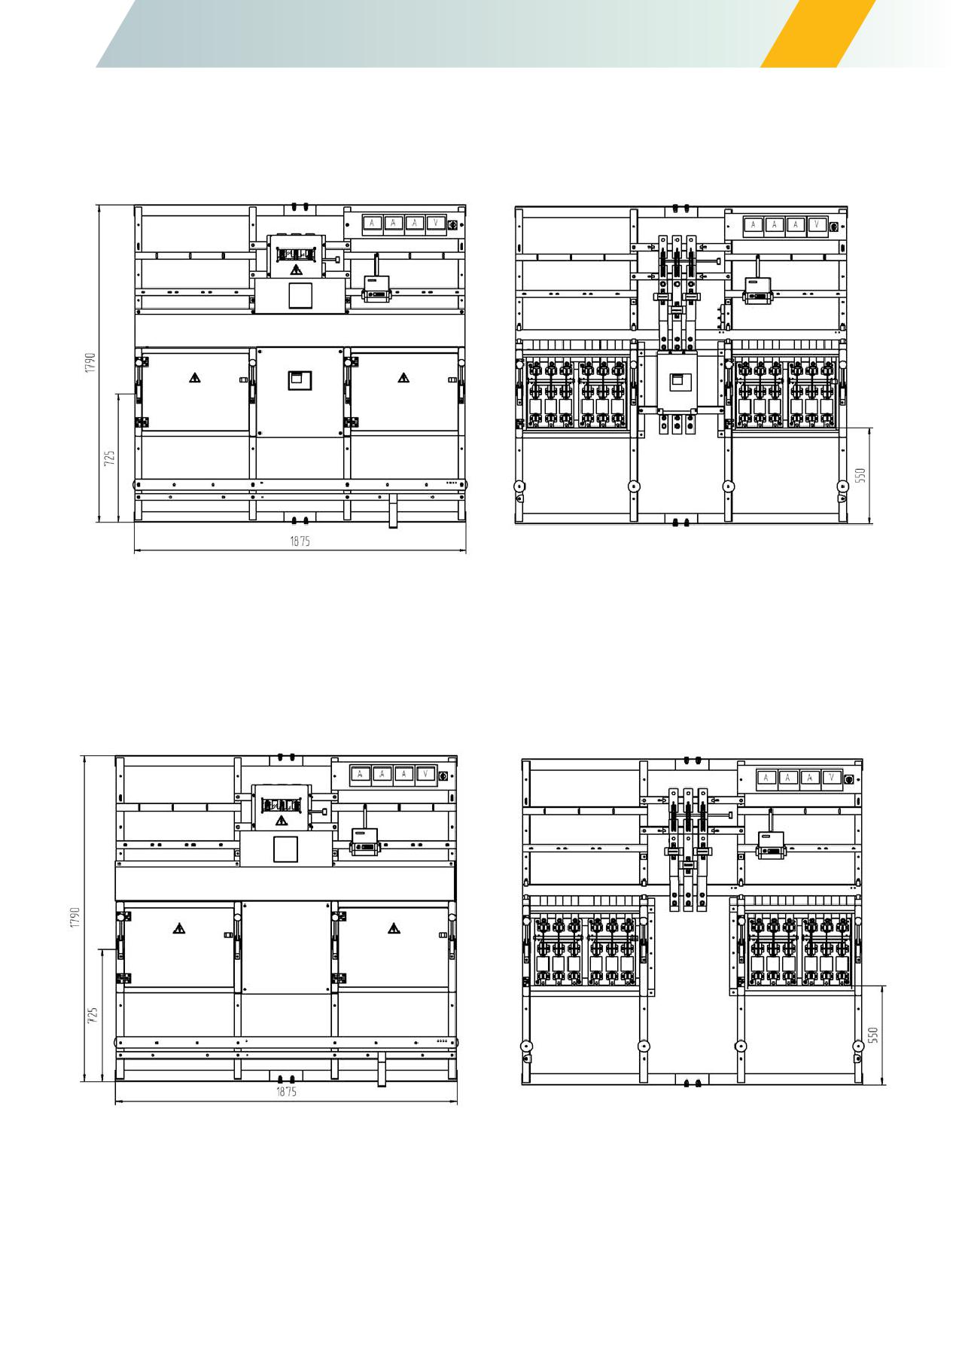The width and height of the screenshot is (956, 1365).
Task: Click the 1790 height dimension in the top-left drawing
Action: (90, 363)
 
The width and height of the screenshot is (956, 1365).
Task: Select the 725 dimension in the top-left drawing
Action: (110, 459)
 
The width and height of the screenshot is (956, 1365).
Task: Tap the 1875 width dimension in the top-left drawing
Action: (300, 541)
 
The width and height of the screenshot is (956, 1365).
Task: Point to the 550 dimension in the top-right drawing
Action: (861, 476)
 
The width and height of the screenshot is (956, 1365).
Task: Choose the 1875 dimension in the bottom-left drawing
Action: (286, 1092)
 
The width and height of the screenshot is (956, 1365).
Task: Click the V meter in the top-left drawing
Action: (435, 223)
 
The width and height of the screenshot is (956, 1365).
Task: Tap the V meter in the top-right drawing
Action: (816, 224)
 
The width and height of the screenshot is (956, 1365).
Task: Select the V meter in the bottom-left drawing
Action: (425, 774)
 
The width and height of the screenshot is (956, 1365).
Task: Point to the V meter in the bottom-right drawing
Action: (831, 778)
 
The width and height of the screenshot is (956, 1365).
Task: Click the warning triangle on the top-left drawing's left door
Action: (195, 378)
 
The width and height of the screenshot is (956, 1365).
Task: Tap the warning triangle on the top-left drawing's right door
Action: (404, 378)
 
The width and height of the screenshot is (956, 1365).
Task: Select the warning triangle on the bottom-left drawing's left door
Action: (179, 928)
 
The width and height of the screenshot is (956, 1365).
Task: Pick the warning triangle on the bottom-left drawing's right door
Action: (394, 928)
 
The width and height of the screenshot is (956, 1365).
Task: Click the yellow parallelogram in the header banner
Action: (818, 34)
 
